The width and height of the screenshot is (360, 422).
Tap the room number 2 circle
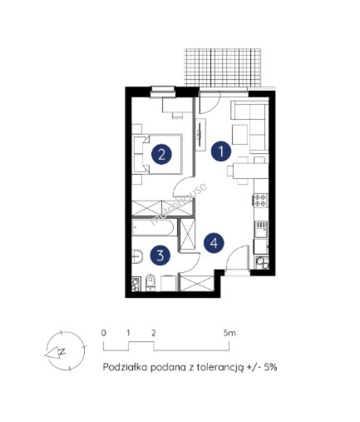tap(162, 154)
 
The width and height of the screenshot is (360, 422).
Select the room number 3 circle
tap(160, 255)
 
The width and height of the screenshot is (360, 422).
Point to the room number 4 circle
tap(214, 243)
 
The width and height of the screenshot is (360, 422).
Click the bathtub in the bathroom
tap(153, 228)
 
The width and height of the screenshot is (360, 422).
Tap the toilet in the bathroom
tap(150, 283)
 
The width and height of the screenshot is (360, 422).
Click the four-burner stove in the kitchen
tap(260, 200)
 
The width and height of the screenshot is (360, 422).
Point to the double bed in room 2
tap(158, 154)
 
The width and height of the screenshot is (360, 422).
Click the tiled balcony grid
tap(223, 68)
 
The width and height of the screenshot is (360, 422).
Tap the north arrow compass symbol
tap(65, 350)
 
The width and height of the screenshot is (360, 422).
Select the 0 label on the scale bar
tap(104, 333)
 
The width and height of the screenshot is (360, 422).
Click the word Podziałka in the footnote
tap(125, 367)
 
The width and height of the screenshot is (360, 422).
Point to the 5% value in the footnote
tap(270, 367)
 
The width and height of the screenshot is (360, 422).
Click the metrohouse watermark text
tap(179, 204)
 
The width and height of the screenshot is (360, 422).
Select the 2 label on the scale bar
tap(153, 333)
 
